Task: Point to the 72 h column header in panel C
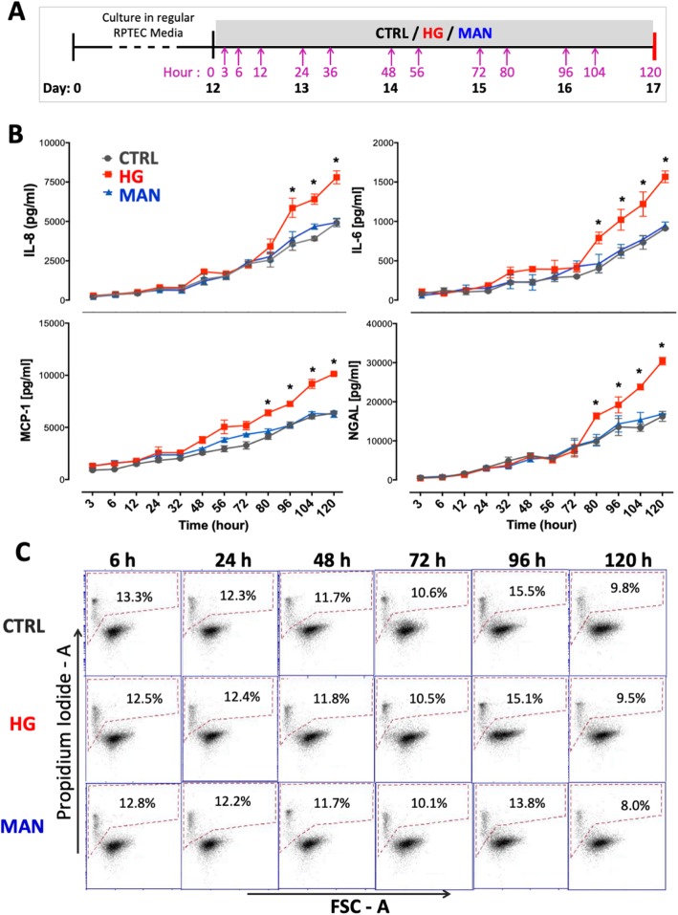pyautogui.click(x=423, y=555)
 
